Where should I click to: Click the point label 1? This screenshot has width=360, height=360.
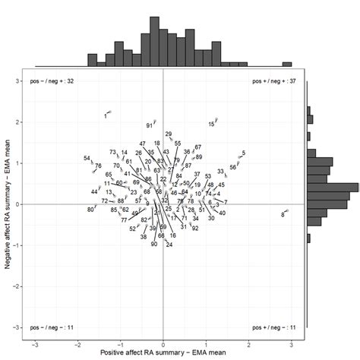tap(106, 116)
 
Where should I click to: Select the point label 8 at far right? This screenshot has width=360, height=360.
tap(283, 215)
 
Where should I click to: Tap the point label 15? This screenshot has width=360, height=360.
tap(211, 125)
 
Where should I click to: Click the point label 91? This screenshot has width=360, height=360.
tap(150, 125)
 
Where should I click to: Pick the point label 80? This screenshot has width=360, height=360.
tap(90, 210)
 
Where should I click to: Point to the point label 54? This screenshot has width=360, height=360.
tap(87, 159)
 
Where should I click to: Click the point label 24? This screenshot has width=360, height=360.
tap(169, 245)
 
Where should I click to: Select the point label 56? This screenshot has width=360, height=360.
tap(232, 167)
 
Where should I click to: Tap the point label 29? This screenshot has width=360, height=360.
tap(169, 134)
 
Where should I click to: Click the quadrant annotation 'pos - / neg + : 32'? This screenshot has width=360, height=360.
tap(52, 81)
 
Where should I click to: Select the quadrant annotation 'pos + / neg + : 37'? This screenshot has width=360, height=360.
tap(273, 81)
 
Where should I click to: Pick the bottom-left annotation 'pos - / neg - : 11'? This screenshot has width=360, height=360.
tap(52, 327)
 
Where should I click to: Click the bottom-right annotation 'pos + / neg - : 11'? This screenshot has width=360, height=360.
tap(273, 327)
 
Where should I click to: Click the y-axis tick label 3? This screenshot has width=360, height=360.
tap(17, 81)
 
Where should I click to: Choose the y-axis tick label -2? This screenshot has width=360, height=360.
tap(15, 286)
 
